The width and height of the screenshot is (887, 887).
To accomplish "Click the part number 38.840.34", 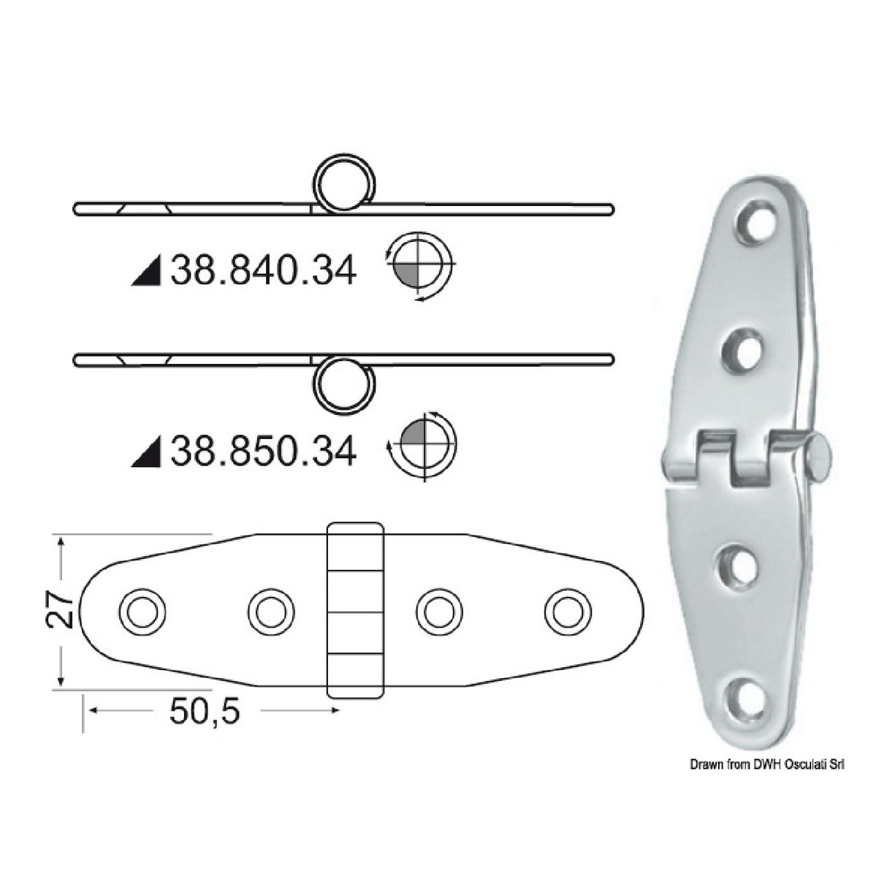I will pos(263,272).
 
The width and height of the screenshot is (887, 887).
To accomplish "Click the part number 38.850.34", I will pos(263,452).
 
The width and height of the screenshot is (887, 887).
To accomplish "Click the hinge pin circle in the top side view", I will pos(343,184).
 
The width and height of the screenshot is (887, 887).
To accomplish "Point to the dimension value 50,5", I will pos(204,711).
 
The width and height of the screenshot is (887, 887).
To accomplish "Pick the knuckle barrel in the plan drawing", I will pos(354,611).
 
